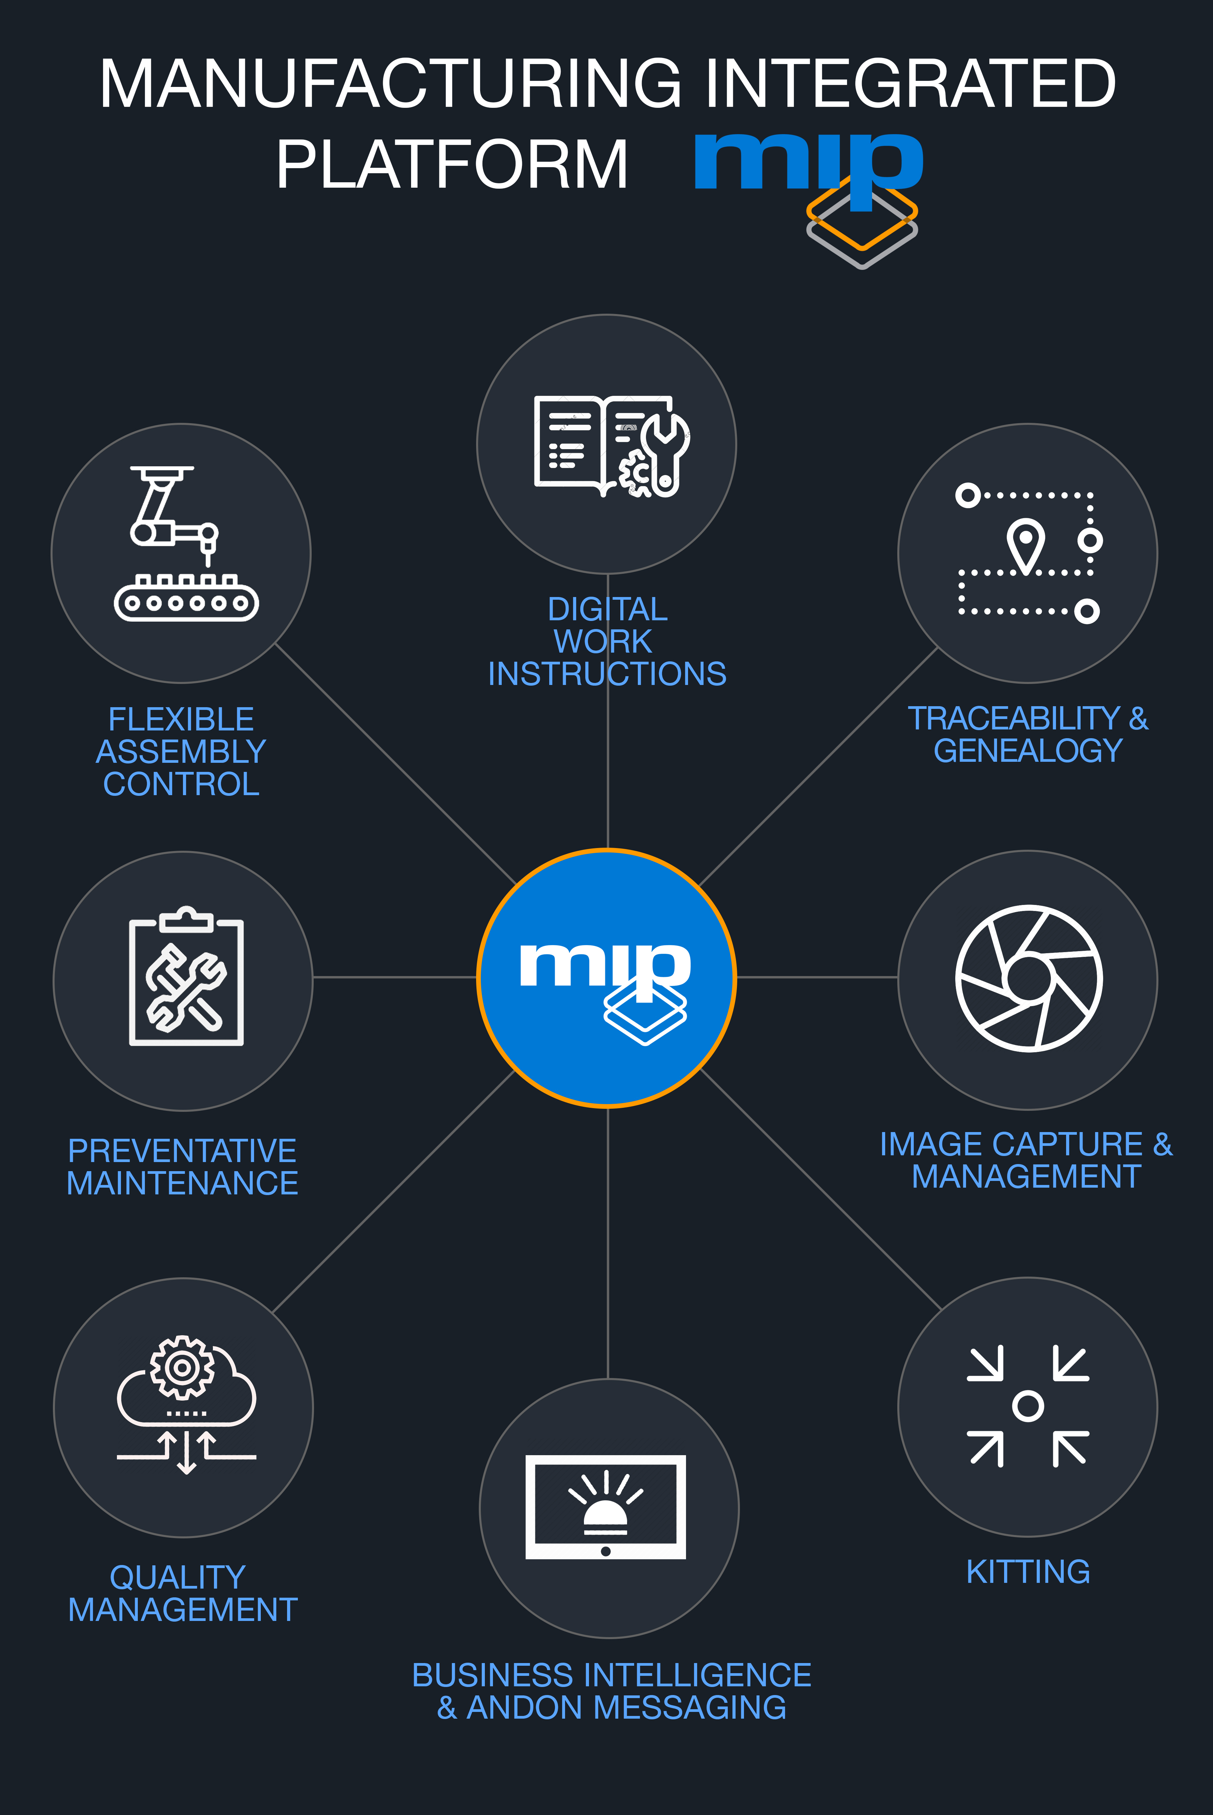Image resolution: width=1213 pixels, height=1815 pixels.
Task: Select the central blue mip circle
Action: [x=606, y=978]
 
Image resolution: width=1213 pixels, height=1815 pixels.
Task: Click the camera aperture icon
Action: [x=1028, y=978]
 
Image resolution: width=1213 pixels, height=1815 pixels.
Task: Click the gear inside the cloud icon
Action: [x=183, y=1367]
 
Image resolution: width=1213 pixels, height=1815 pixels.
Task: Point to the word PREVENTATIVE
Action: [x=183, y=1151]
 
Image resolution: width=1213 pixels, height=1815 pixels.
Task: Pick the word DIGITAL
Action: [x=607, y=609]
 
